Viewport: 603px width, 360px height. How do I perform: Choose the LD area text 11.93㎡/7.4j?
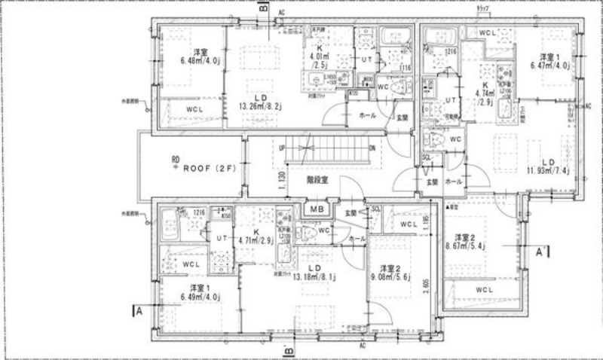547,171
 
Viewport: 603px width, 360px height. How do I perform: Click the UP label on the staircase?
282,148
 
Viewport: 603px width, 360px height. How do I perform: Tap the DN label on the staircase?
372,148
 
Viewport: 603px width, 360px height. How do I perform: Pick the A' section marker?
541,254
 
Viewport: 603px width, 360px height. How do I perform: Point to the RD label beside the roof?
175,159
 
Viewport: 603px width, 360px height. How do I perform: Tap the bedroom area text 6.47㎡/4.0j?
548,66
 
